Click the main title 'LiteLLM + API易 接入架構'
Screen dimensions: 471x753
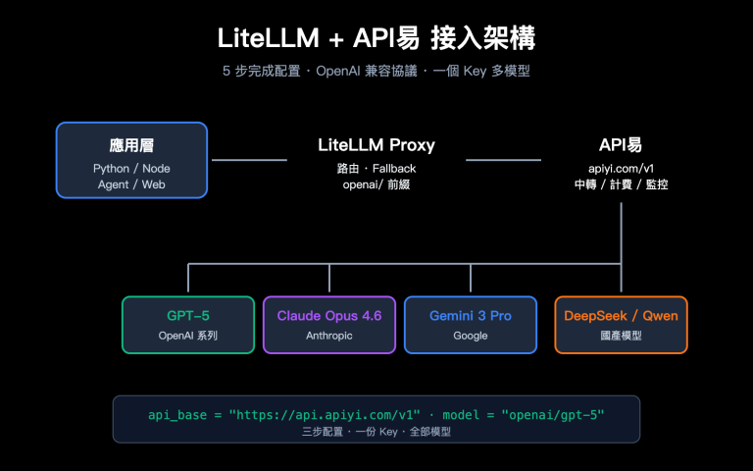coord(376,39)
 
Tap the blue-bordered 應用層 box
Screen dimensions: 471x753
coord(131,160)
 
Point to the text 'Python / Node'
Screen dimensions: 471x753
coord(131,169)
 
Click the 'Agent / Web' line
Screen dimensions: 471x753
coord(131,184)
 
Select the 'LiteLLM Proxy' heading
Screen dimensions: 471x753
coord(376,145)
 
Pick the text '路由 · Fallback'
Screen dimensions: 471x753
coord(376,169)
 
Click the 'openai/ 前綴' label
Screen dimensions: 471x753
coord(376,184)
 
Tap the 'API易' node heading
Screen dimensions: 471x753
coord(621,145)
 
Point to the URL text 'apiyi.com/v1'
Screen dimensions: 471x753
coord(621,169)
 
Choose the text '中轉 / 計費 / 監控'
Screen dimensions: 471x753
coord(621,184)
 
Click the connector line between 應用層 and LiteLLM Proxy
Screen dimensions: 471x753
coord(249,159)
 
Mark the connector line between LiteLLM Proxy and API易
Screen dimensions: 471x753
coord(503,159)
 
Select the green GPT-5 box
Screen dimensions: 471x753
coord(187,325)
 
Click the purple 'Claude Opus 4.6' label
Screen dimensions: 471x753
coord(328,316)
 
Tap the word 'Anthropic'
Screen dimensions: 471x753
coord(328,336)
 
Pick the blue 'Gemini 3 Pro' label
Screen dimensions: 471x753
coord(470,316)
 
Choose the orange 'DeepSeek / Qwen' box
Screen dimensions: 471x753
coord(621,325)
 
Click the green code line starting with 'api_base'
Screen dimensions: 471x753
coord(376,414)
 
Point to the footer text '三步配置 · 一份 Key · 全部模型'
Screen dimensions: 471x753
coord(376,432)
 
